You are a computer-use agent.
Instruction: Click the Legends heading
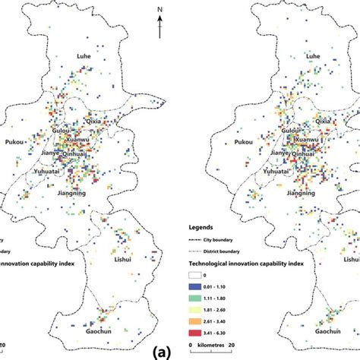(x=207, y=226)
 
